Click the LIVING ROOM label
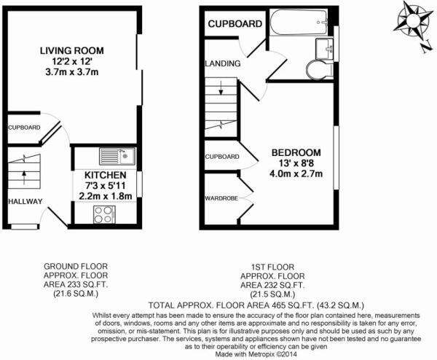(71, 50)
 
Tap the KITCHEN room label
(106, 176)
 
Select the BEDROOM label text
(296, 152)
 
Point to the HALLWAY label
(25, 202)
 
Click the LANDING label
(223, 64)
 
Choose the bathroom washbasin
(326, 48)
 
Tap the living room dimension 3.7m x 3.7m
(71, 74)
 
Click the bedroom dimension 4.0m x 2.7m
(296, 175)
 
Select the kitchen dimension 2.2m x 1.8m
(106, 197)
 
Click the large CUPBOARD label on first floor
(235, 25)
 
